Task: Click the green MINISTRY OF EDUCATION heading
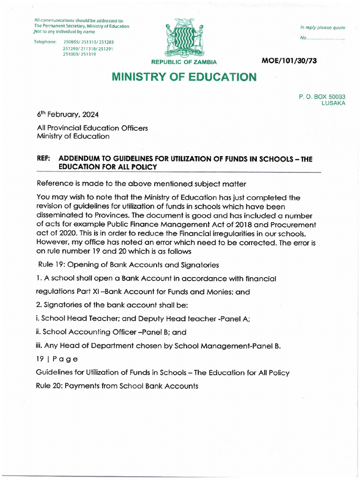coord(184,77)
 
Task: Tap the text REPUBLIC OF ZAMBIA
coord(184,62)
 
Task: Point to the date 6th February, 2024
coord(67,114)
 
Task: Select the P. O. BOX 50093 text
coord(322,97)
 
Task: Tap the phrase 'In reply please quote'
coord(322,28)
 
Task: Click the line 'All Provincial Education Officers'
coord(92,128)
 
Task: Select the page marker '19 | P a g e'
coord(57,359)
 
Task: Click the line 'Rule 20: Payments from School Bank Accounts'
coord(117,386)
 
